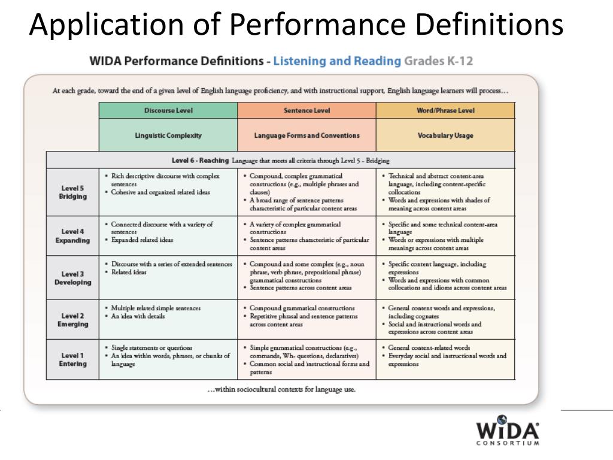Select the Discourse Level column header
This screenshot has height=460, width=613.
(168, 111)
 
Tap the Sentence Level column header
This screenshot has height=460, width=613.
(306, 111)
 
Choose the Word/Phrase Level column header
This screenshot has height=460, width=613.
(445, 111)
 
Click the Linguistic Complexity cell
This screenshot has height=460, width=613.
(168, 135)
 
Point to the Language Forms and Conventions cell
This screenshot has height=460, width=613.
(306, 135)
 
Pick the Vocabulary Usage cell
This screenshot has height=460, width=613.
(445, 135)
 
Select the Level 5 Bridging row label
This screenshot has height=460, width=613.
(72, 192)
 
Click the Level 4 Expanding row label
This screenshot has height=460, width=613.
(72, 236)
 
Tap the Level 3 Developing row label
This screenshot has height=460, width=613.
(72, 278)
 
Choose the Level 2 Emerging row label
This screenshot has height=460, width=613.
(72, 320)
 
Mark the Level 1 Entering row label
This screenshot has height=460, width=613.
(72, 359)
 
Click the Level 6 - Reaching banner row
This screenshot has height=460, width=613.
(280, 161)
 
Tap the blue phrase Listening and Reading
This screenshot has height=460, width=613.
(336, 61)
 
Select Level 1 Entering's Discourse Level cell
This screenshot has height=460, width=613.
(168, 359)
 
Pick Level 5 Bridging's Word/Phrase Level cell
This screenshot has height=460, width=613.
(445, 192)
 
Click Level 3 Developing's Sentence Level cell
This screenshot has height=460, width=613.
(306, 278)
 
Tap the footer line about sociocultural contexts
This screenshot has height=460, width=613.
(280, 389)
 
